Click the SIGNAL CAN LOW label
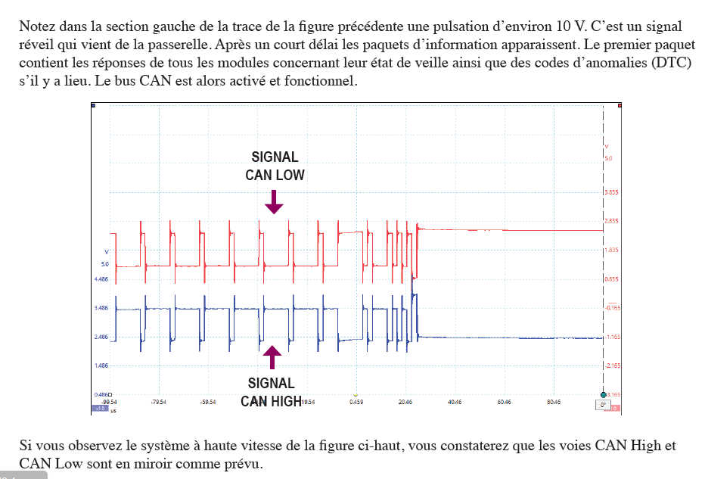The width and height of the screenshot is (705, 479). pyautogui.click(x=275, y=166)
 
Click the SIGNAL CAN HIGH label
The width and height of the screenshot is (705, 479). pyautogui.click(x=272, y=392)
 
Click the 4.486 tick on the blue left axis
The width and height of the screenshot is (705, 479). pyautogui.click(x=101, y=279)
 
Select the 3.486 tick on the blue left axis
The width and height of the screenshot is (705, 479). pyautogui.click(x=101, y=308)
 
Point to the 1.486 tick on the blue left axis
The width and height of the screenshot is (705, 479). pyautogui.click(x=101, y=365)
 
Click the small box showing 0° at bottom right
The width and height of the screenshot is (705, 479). pyautogui.click(x=603, y=406)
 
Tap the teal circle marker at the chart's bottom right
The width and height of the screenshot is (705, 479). pyautogui.click(x=603, y=395)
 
